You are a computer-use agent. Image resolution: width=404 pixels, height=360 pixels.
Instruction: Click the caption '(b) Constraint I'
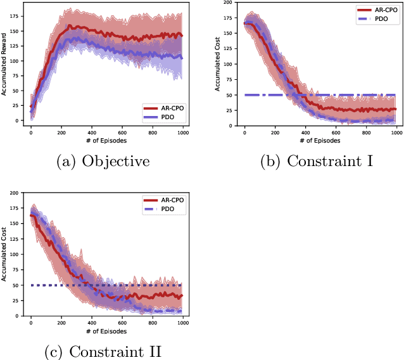pyautogui.click(x=317, y=161)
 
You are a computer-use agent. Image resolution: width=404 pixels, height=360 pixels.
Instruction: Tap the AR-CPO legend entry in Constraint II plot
pyautogui.click(x=163, y=199)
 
